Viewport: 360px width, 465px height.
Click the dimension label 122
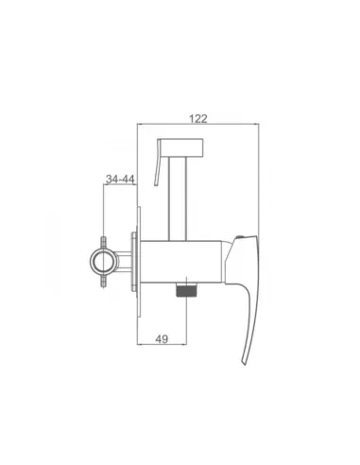(x=198, y=119)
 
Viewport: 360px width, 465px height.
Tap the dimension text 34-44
(x=120, y=180)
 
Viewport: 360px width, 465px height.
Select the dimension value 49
(x=162, y=339)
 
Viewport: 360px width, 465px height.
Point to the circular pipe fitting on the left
(x=103, y=262)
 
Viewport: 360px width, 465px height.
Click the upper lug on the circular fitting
(x=103, y=243)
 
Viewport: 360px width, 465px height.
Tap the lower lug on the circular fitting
(x=103, y=281)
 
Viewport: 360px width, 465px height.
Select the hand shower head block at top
(x=180, y=146)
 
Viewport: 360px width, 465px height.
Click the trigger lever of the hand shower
(x=158, y=167)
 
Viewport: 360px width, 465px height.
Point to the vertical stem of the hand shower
(x=179, y=198)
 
